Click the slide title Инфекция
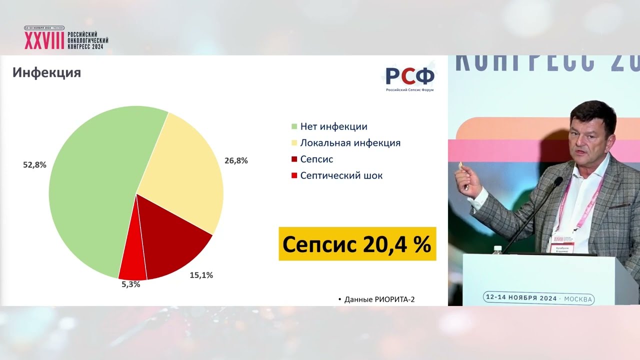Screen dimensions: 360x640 coord(46,73)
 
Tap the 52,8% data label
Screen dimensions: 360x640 coord(34,164)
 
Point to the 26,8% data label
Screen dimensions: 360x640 coord(236,160)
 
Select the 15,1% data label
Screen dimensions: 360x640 coord(201,275)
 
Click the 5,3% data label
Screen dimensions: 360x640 coord(131,284)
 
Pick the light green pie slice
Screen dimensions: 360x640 coord(90,190)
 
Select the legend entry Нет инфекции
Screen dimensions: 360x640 coord(333,126)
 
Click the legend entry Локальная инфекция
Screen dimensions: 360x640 coord(350,143)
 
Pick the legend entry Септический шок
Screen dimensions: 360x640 coord(341,175)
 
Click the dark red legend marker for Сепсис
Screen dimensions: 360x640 coord(294,159)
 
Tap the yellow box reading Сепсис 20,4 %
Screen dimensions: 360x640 coord(357,244)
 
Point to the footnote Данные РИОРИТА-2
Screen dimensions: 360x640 coord(379,299)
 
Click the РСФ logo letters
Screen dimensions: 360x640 coord(409,76)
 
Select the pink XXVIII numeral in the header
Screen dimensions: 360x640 coord(44,40)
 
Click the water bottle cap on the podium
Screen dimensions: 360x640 coord(497,247)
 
